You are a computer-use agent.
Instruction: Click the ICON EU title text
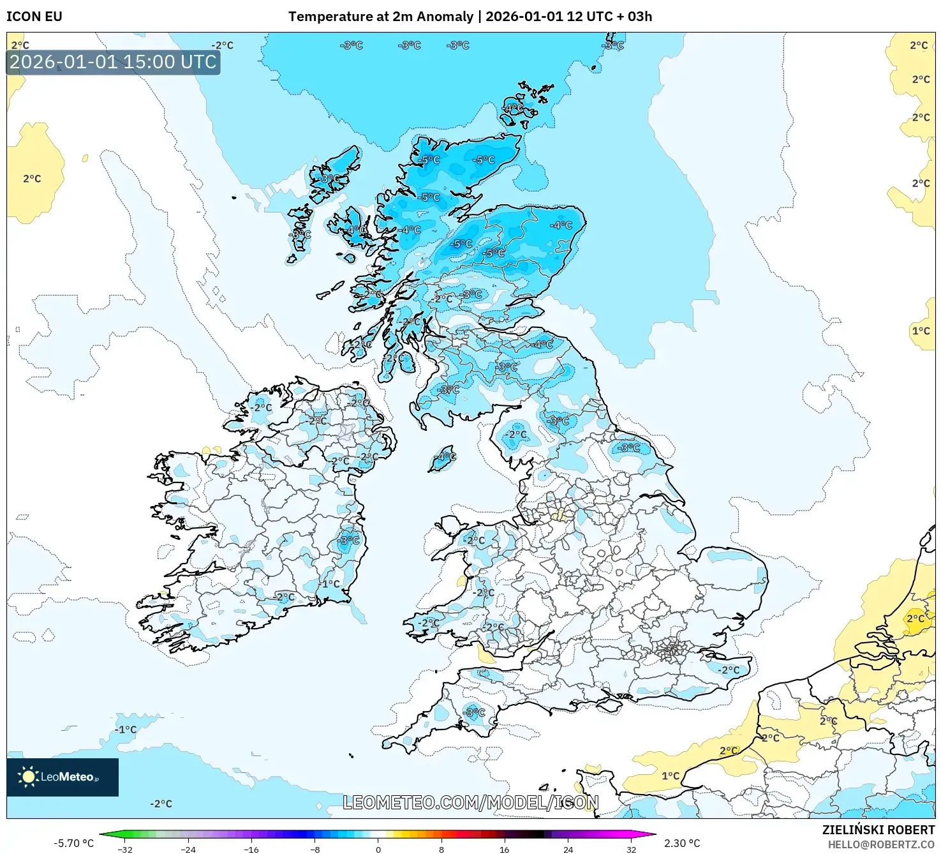(34, 17)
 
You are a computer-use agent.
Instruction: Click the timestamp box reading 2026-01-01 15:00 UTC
(114, 62)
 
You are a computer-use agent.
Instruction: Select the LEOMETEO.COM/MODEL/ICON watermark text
(471, 802)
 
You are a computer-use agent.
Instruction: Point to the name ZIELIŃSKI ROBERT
(878, 830)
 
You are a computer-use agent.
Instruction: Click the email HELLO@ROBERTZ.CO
(881, 844)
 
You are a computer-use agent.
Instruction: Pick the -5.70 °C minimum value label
(73, 843)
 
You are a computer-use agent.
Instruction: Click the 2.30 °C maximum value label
(682, 843)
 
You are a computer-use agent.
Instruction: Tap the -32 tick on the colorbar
(125, 850)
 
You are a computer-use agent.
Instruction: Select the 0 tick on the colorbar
(378, 850)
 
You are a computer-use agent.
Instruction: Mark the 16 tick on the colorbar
(505, 850)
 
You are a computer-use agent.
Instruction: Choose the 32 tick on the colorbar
(631, 850)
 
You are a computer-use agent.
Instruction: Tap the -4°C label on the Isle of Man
(445, 456)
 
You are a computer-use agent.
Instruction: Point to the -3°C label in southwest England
(474, 712)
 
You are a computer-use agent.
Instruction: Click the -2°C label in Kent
(729, 670)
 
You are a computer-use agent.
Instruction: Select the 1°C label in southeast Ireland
(331, 584)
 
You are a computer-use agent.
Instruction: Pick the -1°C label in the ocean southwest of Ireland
(126, 730)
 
